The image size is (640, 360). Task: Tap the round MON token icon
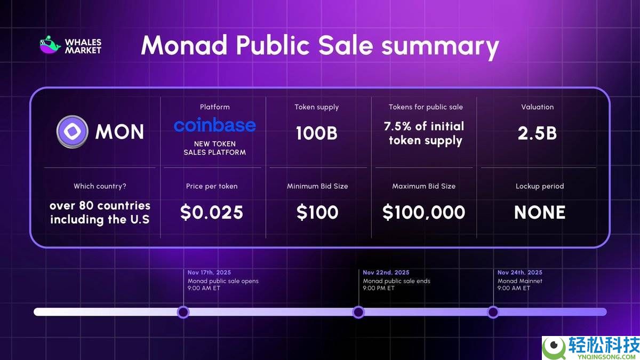pyautogui.click(x=72, y=131)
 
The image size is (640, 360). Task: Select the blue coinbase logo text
pyautogui.click(x=214, y=125)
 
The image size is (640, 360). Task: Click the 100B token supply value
pyautogui.click(x=317, y=133)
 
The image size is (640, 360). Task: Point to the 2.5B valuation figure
pyautogui.click(x=537, y=133)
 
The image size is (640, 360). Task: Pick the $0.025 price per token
pyautogui.click(x=212, y=212)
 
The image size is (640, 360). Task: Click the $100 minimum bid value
pyautogui.click(x=317, y=212)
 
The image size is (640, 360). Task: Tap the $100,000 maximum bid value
pyautogui.click(x=423, y=212)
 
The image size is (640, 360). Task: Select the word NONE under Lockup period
pyautogui.click(x=539, y=212)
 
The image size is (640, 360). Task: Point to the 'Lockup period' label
pyautogui.click(x=539, y=186)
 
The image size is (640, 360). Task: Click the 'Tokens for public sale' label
pyautogui.click(x=426, y=107)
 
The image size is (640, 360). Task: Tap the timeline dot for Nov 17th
pyautogui.click(x=183, y=312)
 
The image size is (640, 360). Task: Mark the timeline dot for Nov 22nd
pyautogui.click(x=358, y=312)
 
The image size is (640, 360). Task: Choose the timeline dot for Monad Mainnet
pyautogui.click(x=493, y=312)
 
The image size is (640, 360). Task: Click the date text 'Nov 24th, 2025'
pyautogui.click(x=519, y=273)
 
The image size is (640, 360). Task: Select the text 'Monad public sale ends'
pyautogui.click(x=396, y=281)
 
